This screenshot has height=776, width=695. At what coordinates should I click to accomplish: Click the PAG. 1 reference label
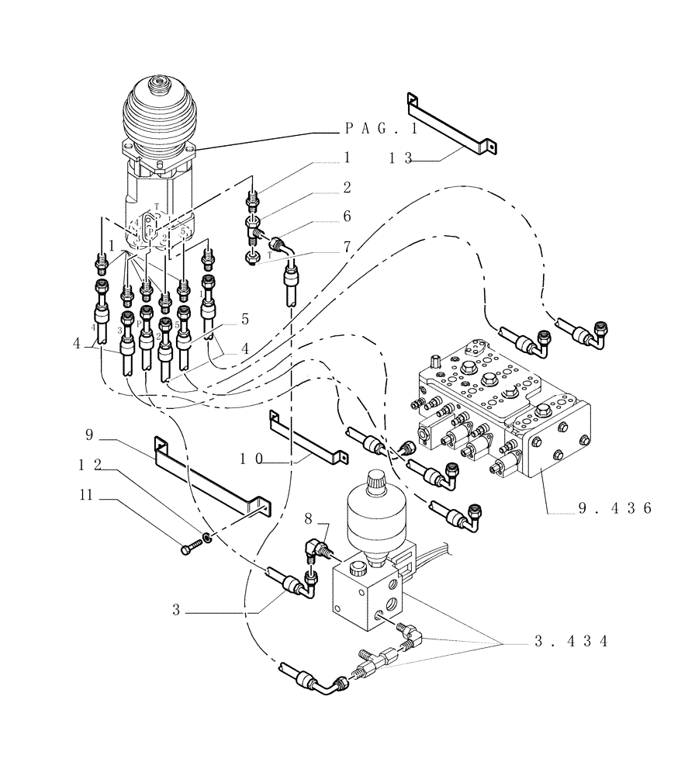point(383,128)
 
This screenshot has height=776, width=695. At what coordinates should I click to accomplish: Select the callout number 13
point(401,158)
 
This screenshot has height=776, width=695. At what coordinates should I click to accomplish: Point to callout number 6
point(347,217)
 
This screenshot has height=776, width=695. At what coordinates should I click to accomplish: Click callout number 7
point(347,246)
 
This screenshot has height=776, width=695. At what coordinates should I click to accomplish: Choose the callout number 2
point(347,187)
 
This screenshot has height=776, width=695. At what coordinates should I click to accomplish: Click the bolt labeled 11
point(190,549)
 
